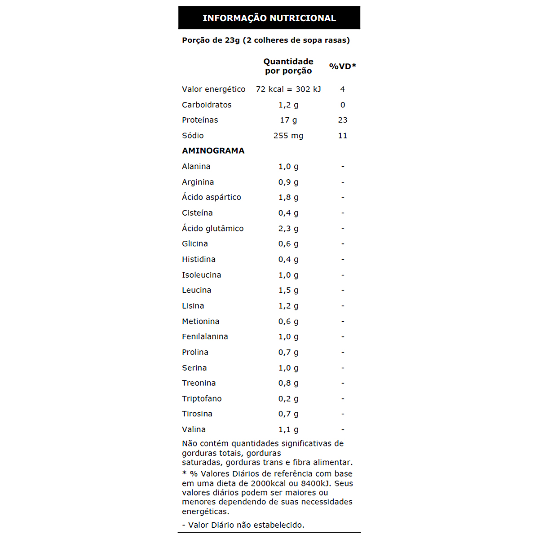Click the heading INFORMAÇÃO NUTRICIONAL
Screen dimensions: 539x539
click(x=269, y=18)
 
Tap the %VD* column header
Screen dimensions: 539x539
click(x=342, y=66)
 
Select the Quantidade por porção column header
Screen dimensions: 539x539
click(x=288, y=66)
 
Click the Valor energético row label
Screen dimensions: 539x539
click(x=213, y=89)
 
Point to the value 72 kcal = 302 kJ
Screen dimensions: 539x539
click(x=288, y=89)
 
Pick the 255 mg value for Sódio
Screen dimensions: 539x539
click(x=288, y=136)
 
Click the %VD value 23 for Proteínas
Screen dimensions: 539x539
click(x=343, y=120)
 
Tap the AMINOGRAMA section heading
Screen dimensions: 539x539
click(x=213, y=151)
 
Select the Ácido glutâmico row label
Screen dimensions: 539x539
click(x=212, y=229)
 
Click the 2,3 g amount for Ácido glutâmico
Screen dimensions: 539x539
click(x=288, y=229)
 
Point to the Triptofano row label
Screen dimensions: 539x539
click(x=202, y=399)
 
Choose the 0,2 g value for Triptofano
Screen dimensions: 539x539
click(x=288, y=399)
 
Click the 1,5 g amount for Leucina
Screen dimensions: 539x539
click(x=288, y=291)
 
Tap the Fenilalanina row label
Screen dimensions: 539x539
click(x=205, y=337)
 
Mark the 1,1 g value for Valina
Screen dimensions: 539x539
click(x=288, y=430)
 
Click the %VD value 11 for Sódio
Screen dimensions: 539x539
click(x=343, y=136)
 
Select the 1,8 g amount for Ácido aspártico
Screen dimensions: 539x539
click(x=288, y=198)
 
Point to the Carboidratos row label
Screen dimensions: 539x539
click(x=207, y=105)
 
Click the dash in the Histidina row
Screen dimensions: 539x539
click(x=343, y=260)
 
